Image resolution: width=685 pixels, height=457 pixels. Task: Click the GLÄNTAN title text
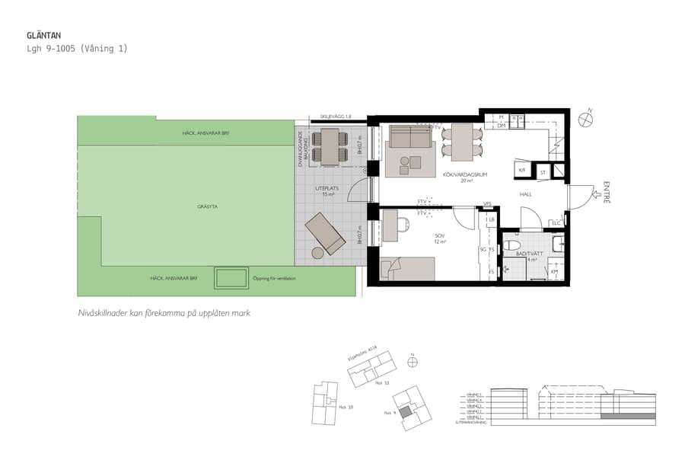43,35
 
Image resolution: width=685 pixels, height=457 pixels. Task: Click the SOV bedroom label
439,236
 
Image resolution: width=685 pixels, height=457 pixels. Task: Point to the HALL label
526,195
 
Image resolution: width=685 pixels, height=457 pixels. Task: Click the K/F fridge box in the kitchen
522,171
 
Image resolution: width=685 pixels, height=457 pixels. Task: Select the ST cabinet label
543,173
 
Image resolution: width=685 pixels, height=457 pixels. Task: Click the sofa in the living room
410,138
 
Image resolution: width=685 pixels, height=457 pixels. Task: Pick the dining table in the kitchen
462,142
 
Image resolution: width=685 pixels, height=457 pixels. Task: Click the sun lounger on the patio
325,234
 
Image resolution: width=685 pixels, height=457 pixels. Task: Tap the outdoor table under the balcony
330,146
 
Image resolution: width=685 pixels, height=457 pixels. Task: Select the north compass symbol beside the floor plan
586,118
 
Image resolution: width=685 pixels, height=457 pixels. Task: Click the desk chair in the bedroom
403,224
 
